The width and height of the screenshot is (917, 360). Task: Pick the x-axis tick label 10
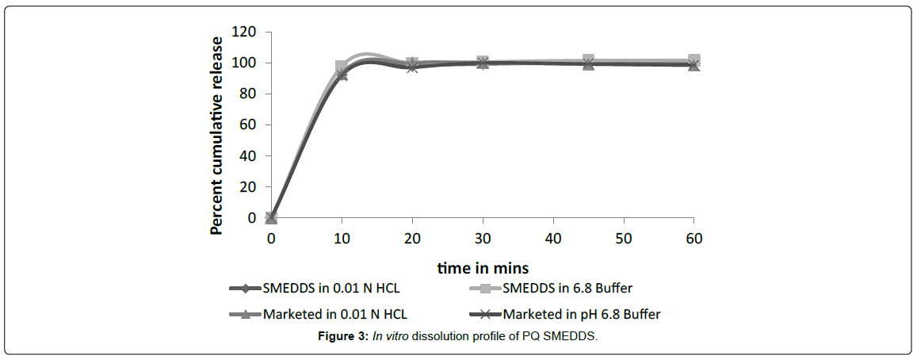coord(342,238)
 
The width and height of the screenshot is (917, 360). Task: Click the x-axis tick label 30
coord(483,238)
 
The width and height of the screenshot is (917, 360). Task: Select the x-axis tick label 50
coord(623,238)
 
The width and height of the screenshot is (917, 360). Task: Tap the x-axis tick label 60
coord(693,238)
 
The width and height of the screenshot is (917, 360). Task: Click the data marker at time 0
coord(271,217)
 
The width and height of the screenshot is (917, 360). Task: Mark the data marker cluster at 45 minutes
coord(588,62)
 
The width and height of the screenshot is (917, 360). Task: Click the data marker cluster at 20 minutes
coord(412,65)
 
